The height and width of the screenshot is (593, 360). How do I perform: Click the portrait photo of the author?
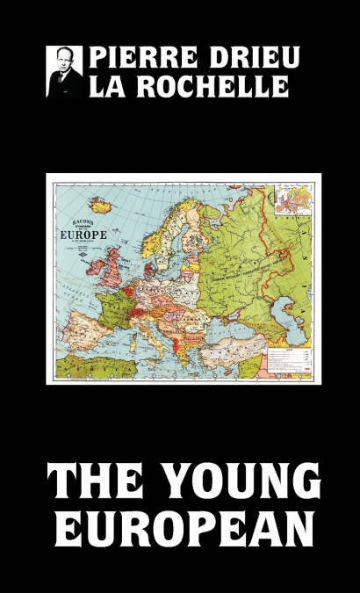click(64, 71)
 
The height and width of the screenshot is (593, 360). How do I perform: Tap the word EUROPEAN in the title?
click(180, 530)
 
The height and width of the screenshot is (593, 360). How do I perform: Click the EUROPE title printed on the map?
click(83, 235)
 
